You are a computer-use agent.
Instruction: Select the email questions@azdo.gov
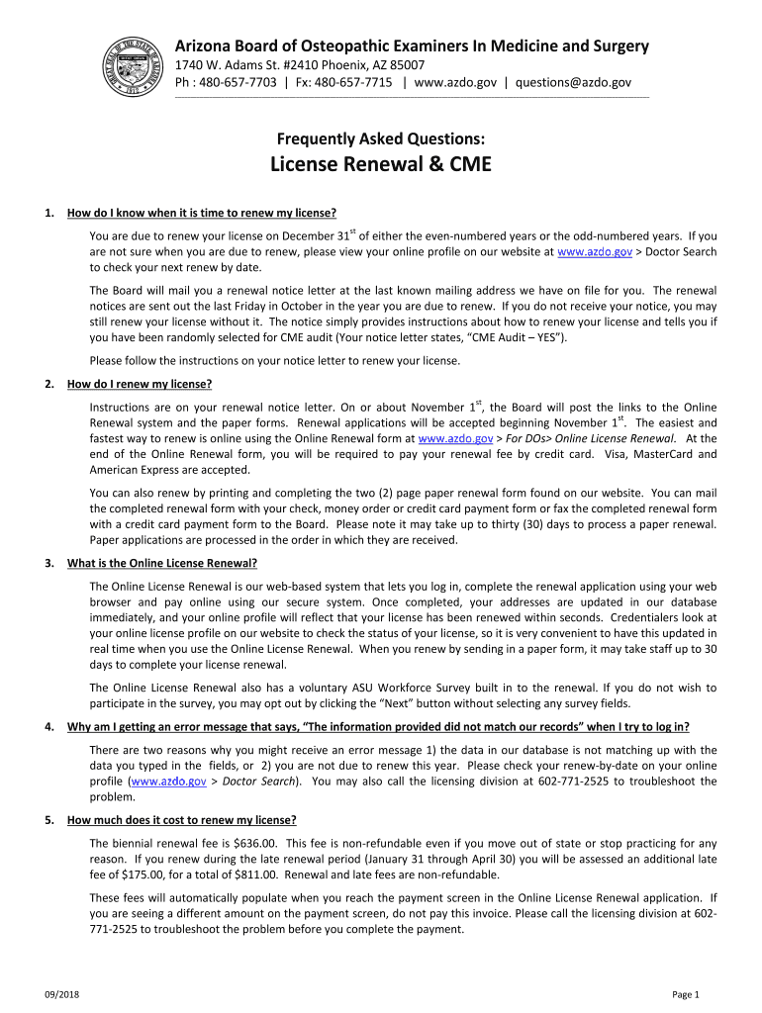pos(573,83)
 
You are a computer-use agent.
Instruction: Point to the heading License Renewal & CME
pos(381,164)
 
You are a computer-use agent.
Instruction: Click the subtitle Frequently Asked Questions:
pos(381,140)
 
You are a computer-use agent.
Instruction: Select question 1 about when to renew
pos(202,213)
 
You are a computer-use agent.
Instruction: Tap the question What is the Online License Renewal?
pos(162,563)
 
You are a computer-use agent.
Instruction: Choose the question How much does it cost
pos(182,820)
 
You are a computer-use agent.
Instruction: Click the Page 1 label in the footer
pos(686,994)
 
